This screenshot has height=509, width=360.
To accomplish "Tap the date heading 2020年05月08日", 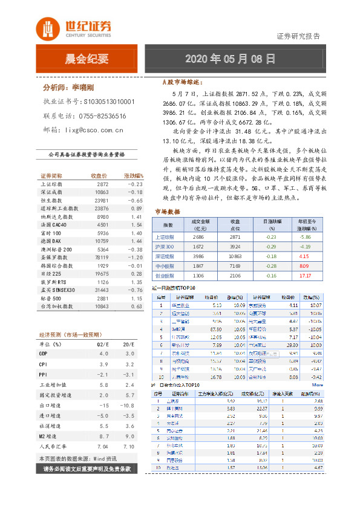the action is [x=230, y=59].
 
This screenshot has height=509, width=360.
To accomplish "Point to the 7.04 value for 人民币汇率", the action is [x=102, y=447].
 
